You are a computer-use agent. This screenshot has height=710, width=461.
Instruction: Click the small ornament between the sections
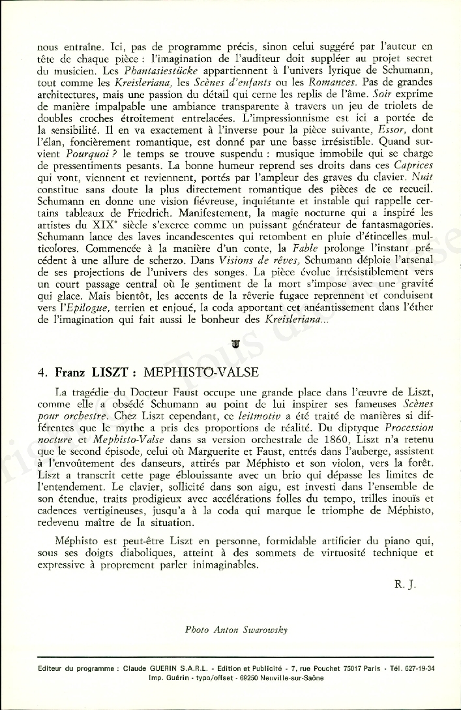(235, 344)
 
